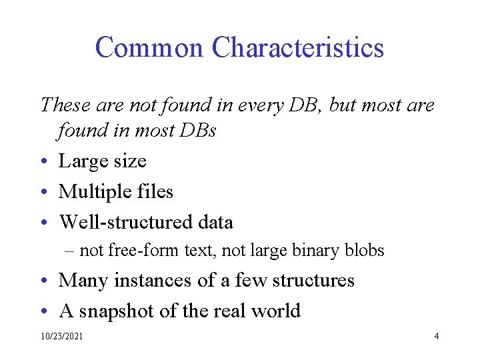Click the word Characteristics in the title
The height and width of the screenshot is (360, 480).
point(297,48)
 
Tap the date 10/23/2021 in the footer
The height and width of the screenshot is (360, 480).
point(62,337)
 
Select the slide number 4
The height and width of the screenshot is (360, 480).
point(436,336)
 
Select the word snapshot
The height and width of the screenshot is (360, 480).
point(118,311)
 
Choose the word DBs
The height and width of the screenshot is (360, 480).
point(197,131)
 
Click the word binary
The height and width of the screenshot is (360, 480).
point(311,251)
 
